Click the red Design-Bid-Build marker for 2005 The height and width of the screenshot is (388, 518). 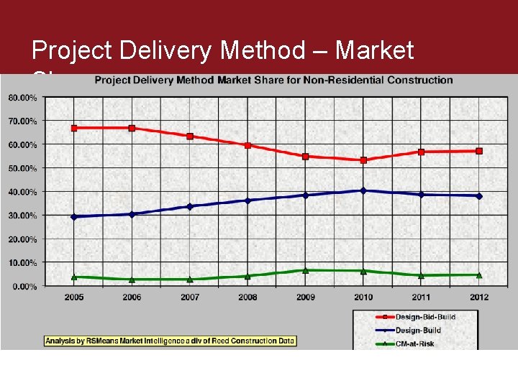click(74, 128)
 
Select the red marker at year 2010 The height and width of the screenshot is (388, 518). click(363, 160)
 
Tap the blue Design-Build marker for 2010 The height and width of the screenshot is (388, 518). click(363, 190)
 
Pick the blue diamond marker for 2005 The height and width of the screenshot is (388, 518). click(74, 216)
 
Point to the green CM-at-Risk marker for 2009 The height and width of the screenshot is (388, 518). click(305, 270)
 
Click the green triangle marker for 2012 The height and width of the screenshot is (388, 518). click(479, 274)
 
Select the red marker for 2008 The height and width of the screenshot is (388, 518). click(247, 145)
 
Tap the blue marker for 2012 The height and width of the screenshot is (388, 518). click(479, 195)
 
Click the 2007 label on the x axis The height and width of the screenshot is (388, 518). click(189, 297)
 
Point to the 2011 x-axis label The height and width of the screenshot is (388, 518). click(421, 297)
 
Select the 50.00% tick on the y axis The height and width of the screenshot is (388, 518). click(23, 168)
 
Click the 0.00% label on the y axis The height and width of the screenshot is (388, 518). click(24, 286)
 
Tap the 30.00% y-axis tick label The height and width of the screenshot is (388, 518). click(23, 216)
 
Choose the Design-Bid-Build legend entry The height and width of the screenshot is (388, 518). click(416, 317)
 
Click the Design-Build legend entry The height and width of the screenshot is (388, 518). click(408, 331)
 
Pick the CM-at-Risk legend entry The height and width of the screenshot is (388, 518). click(405, 344)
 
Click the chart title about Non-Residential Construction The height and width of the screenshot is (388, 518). click(274, 80)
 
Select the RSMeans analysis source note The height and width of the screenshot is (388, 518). click(170, 341)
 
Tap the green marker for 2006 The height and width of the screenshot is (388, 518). click(132, 279)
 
